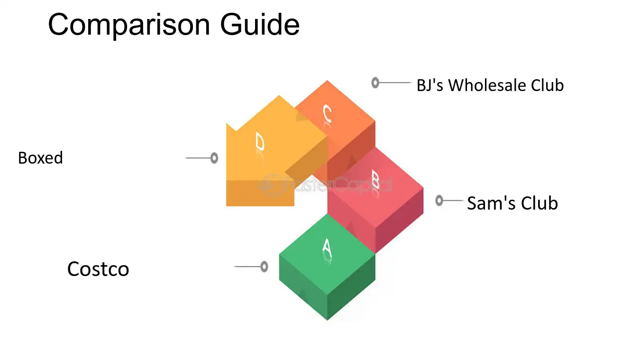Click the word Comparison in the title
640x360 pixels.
pos(129,25)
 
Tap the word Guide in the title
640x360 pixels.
pos(260,25)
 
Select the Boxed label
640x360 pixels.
pos(40,158)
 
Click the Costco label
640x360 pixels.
pos(98,269)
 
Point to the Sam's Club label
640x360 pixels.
pos(512,203)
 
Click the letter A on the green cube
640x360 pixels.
pos(327,248)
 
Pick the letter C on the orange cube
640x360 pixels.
pos(327,113)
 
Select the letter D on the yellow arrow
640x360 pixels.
pos(260,141)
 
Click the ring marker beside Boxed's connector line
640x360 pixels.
pos(214,158)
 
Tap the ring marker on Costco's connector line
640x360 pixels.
pos(264,267)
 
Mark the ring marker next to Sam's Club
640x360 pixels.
pos(439,201)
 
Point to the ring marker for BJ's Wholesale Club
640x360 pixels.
pos(375,83)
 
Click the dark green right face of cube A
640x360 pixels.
pos(351,286)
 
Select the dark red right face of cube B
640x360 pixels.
pos(399,220)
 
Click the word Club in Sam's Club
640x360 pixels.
pos(539,203)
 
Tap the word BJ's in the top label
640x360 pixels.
pos(430,85)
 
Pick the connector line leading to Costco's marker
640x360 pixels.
pos(247,267)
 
